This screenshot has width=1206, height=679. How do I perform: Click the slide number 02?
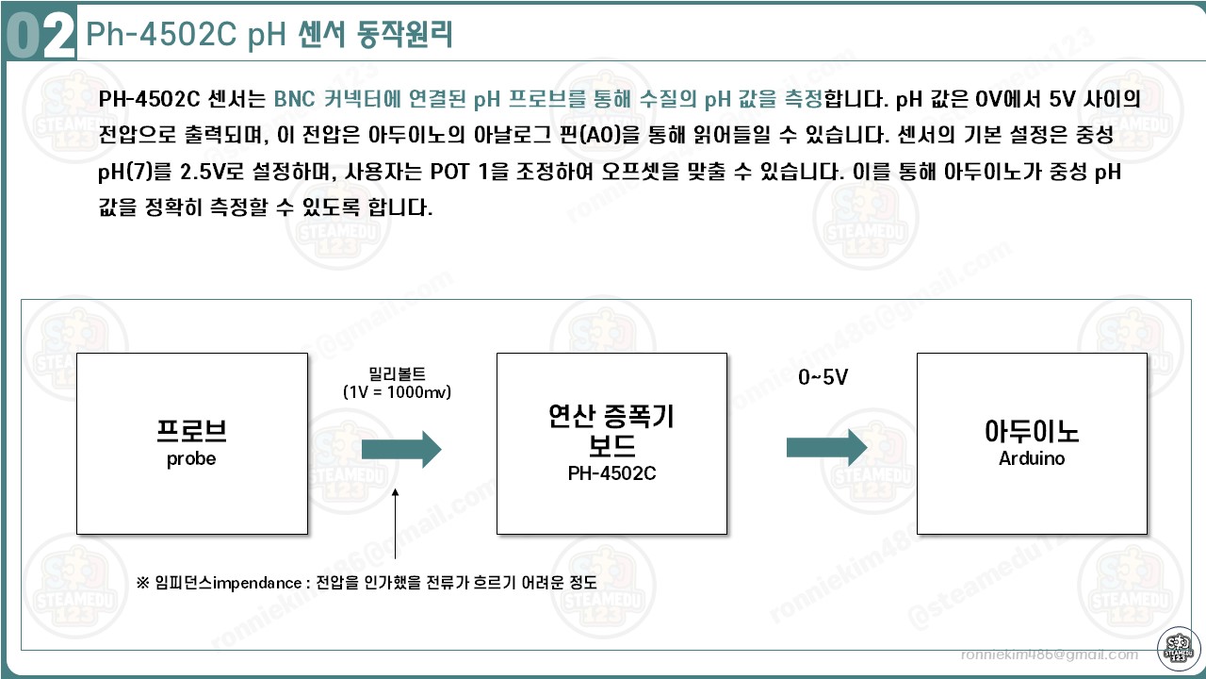(40, 36)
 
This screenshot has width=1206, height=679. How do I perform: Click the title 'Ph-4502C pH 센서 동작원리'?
(269, 35)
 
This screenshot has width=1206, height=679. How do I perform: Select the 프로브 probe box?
(192, 443)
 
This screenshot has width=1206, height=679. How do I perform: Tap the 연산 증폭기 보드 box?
(611, 443)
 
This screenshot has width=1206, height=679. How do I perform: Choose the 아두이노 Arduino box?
(1032, 443)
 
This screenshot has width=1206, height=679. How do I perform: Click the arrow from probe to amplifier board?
(400, 450)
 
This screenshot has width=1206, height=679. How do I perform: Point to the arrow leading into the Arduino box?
(825, 447)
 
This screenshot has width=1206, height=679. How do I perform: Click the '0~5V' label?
(823, 378)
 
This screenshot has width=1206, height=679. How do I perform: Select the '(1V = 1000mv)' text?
(397, 391)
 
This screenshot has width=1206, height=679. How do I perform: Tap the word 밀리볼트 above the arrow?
(397, 374)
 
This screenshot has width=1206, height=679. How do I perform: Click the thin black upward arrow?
(396, 528)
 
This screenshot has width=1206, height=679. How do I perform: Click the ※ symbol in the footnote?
(143, 583)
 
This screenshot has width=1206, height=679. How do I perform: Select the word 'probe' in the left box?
(191, 459)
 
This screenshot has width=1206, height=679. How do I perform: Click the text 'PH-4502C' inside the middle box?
(611, 473)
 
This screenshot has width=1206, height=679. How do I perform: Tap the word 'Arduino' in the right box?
(1032, 459)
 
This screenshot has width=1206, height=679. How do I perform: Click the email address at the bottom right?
(1049, 654)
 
